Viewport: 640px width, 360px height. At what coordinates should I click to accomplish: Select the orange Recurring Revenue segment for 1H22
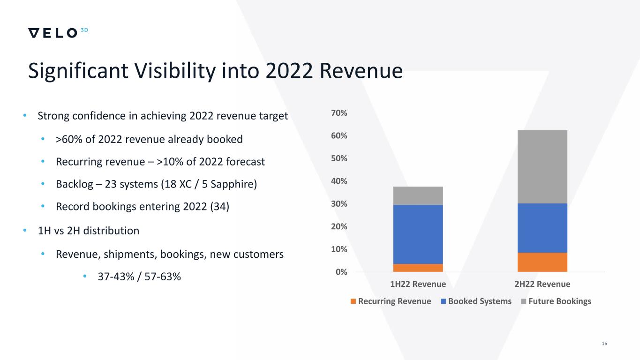418,268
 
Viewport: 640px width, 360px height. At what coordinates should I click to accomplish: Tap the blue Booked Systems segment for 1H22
418,234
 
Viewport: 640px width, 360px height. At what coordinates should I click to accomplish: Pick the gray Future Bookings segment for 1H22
418,195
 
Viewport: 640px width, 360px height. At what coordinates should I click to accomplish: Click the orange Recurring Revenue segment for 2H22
542,262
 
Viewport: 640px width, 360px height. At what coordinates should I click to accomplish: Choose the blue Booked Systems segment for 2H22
542,228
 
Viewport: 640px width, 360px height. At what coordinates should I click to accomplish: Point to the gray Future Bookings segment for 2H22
542,166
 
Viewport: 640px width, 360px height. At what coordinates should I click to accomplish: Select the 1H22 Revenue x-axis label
418,284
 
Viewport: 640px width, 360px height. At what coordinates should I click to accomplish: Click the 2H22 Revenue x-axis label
542,284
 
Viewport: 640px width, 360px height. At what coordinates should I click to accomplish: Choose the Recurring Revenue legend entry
391,301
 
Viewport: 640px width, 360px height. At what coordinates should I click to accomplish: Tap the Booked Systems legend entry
475,301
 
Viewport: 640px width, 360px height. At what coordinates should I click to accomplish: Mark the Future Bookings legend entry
557,301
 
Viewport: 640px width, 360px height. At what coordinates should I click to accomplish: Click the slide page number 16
604,344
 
